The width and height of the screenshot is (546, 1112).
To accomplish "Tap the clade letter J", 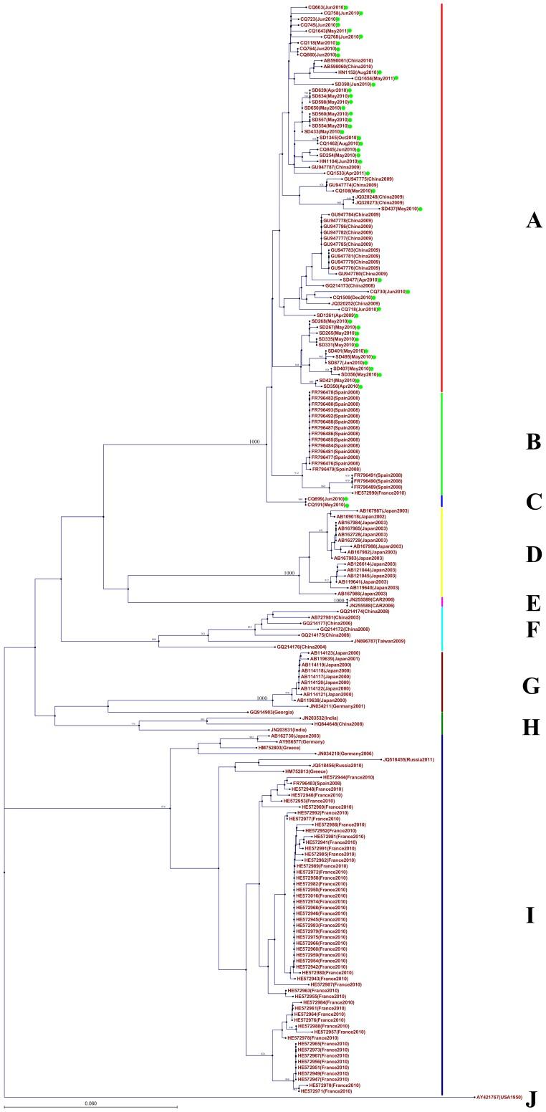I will pos(531,1099).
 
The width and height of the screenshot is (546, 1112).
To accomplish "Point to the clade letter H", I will pos(531,726).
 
